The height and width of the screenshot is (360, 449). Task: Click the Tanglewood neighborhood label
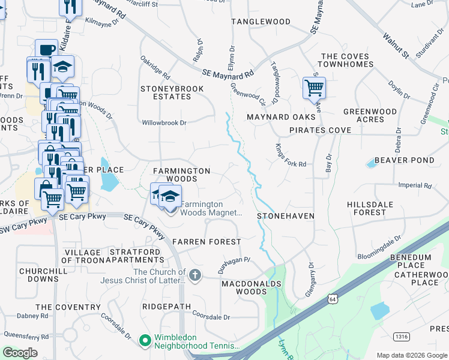[261, 22]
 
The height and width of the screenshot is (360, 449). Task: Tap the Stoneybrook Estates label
[172, 92]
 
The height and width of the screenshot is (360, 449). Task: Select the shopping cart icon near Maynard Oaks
[314, 88]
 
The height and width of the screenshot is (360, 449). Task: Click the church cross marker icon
[194, 275]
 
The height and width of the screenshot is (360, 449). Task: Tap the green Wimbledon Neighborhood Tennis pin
[145, 341]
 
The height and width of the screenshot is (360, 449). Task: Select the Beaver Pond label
[404, 160]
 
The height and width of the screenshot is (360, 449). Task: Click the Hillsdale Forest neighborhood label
[370, 208]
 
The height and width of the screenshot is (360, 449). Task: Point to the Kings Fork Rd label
[291, 155]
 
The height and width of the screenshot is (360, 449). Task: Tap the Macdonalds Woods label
[244, 287]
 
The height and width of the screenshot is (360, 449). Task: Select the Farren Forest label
[206, 241]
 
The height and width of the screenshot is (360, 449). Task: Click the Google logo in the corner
[19, 353]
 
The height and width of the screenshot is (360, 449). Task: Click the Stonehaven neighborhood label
[286, 215]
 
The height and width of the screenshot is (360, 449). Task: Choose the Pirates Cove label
[320, 130]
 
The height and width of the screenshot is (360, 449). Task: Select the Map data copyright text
[412, 355]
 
